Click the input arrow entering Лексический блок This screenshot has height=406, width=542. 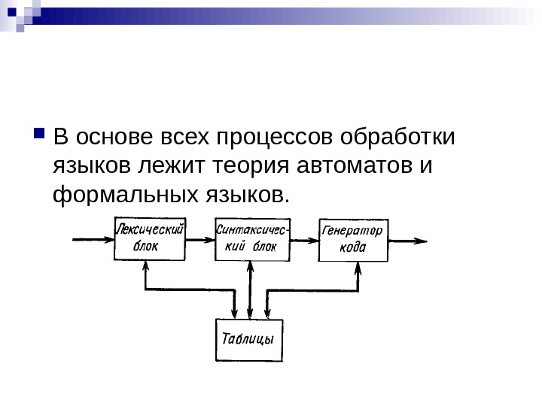[x=92, y=240]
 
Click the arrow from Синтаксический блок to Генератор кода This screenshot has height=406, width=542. [x=304, y=241]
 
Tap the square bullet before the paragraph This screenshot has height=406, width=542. [x=39, y=137]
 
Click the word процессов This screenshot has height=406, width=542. [x=276, y=140]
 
